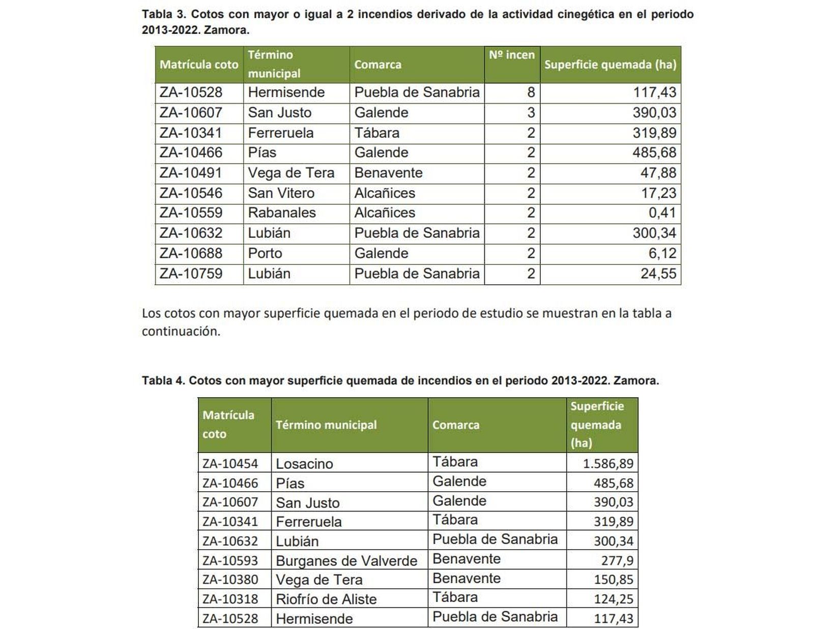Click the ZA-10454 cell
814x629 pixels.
coord(230,464)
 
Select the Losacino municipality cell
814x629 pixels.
coord(304,464)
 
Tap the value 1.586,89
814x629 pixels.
coord(607,464)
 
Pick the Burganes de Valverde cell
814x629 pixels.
coord(346,561)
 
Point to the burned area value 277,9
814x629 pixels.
coord(618,561)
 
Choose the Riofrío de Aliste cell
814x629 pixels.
coord(326,600)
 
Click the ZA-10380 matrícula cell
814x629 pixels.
coord(230,580)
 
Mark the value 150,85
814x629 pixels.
coord(613,580)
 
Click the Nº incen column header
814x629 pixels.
coord(511,55)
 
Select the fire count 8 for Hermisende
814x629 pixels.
coord(531,93)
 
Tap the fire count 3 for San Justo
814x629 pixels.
coord(531,112)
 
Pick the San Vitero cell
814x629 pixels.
coord(281,193)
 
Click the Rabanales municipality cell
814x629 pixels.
coord(281,213)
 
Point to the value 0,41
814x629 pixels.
coord(662,213)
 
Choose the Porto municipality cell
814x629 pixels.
coord(265,253)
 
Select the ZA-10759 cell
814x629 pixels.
coord(191,274)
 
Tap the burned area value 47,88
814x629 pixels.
coord(658,173)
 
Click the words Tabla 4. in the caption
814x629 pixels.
coord(163,381)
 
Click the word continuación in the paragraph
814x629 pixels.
coord(180,332)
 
